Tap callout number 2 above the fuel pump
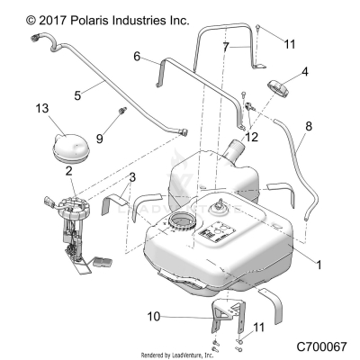pyautogui.click(x=68, y=169)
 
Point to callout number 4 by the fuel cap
pyautogui.click(x=304, y=70)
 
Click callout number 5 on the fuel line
pyautogui.click(x=77, y=91)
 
